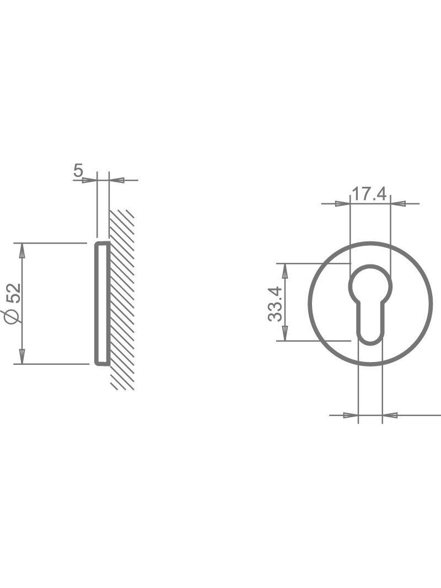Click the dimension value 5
coord(78,171)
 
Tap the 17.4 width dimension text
coord(369,194)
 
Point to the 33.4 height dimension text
coord(275,304)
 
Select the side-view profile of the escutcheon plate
coord(101,303)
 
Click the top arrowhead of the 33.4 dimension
coord(285,271)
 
